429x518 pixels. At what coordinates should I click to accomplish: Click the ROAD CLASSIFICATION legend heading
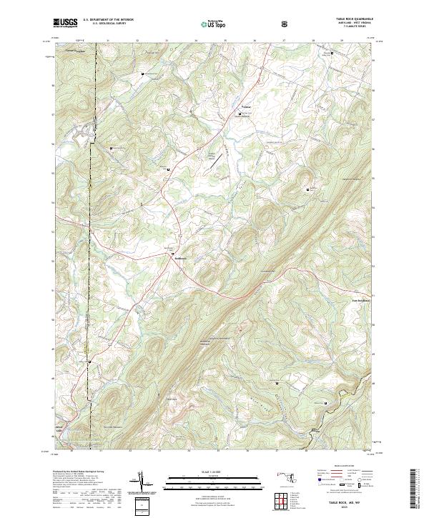(x=342, y=465)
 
